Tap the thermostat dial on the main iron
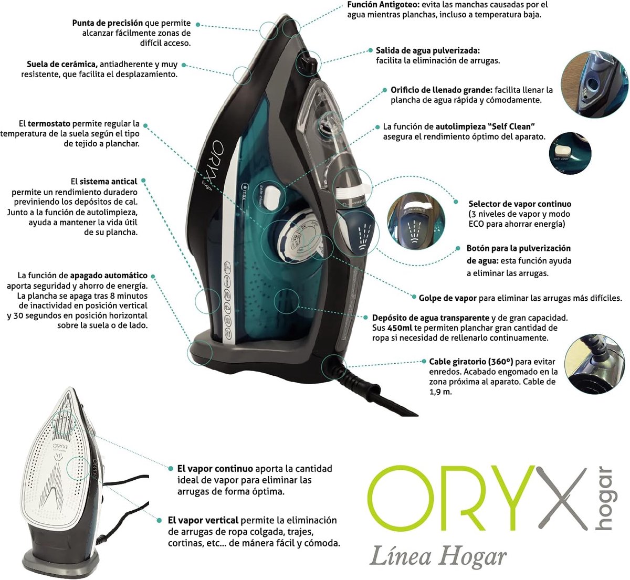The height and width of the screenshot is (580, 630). [x=297, y=236]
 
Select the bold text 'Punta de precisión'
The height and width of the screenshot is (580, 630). [x=108, y=23]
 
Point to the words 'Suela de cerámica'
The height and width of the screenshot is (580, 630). [x=61, y=64]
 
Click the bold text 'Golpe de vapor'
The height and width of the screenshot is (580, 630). [x=447, y=298]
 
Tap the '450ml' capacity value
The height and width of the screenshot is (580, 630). [x=398, y=328]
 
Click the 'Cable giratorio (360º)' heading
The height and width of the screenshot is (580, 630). [x=471, y=362]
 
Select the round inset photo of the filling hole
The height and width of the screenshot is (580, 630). [x=594, y=84]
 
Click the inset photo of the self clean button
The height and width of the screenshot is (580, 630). [x=570, y=153]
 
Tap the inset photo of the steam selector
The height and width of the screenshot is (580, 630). [x=416, y=221]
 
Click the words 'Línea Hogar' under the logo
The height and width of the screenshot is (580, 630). [x=438, y=557]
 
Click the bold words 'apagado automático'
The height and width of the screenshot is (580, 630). [x=109, y=276]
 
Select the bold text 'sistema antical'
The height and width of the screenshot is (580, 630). [x=108, y=182]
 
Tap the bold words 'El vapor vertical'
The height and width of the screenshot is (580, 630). [x=203, y=520]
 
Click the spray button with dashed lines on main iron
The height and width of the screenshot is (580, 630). [x=358, y=234]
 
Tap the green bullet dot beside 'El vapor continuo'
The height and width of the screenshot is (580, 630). [x=171, y=469]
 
